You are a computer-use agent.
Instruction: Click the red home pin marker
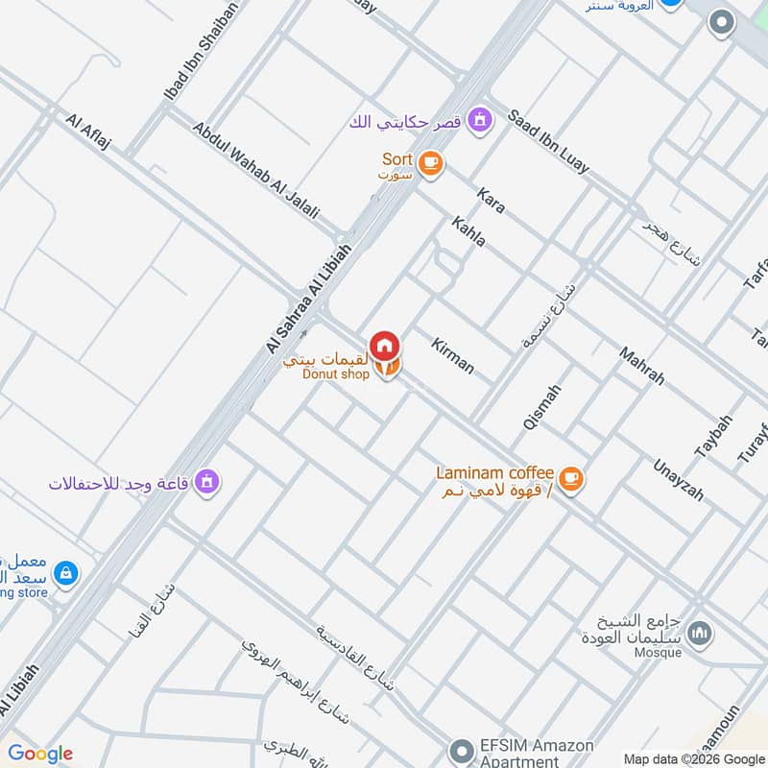tap(385, 345)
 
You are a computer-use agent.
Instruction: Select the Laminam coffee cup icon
tap(570, 477)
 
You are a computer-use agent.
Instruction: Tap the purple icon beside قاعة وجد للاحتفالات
tap(205, 481)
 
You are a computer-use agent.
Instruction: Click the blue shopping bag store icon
tap(65, 573)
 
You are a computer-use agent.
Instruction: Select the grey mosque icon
tap(701, 634)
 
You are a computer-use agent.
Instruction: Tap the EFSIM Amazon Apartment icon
tap(463, 748)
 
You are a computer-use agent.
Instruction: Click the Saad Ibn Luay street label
tap(547, 140)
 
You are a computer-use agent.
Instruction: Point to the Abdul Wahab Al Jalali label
tap(255, 170)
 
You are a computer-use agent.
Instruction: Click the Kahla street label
tap(468, 231)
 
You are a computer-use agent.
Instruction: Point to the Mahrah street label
tap(641, 366)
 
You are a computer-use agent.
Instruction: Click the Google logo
tap(39, 754)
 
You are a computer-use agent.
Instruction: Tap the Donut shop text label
tap(335, 374)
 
